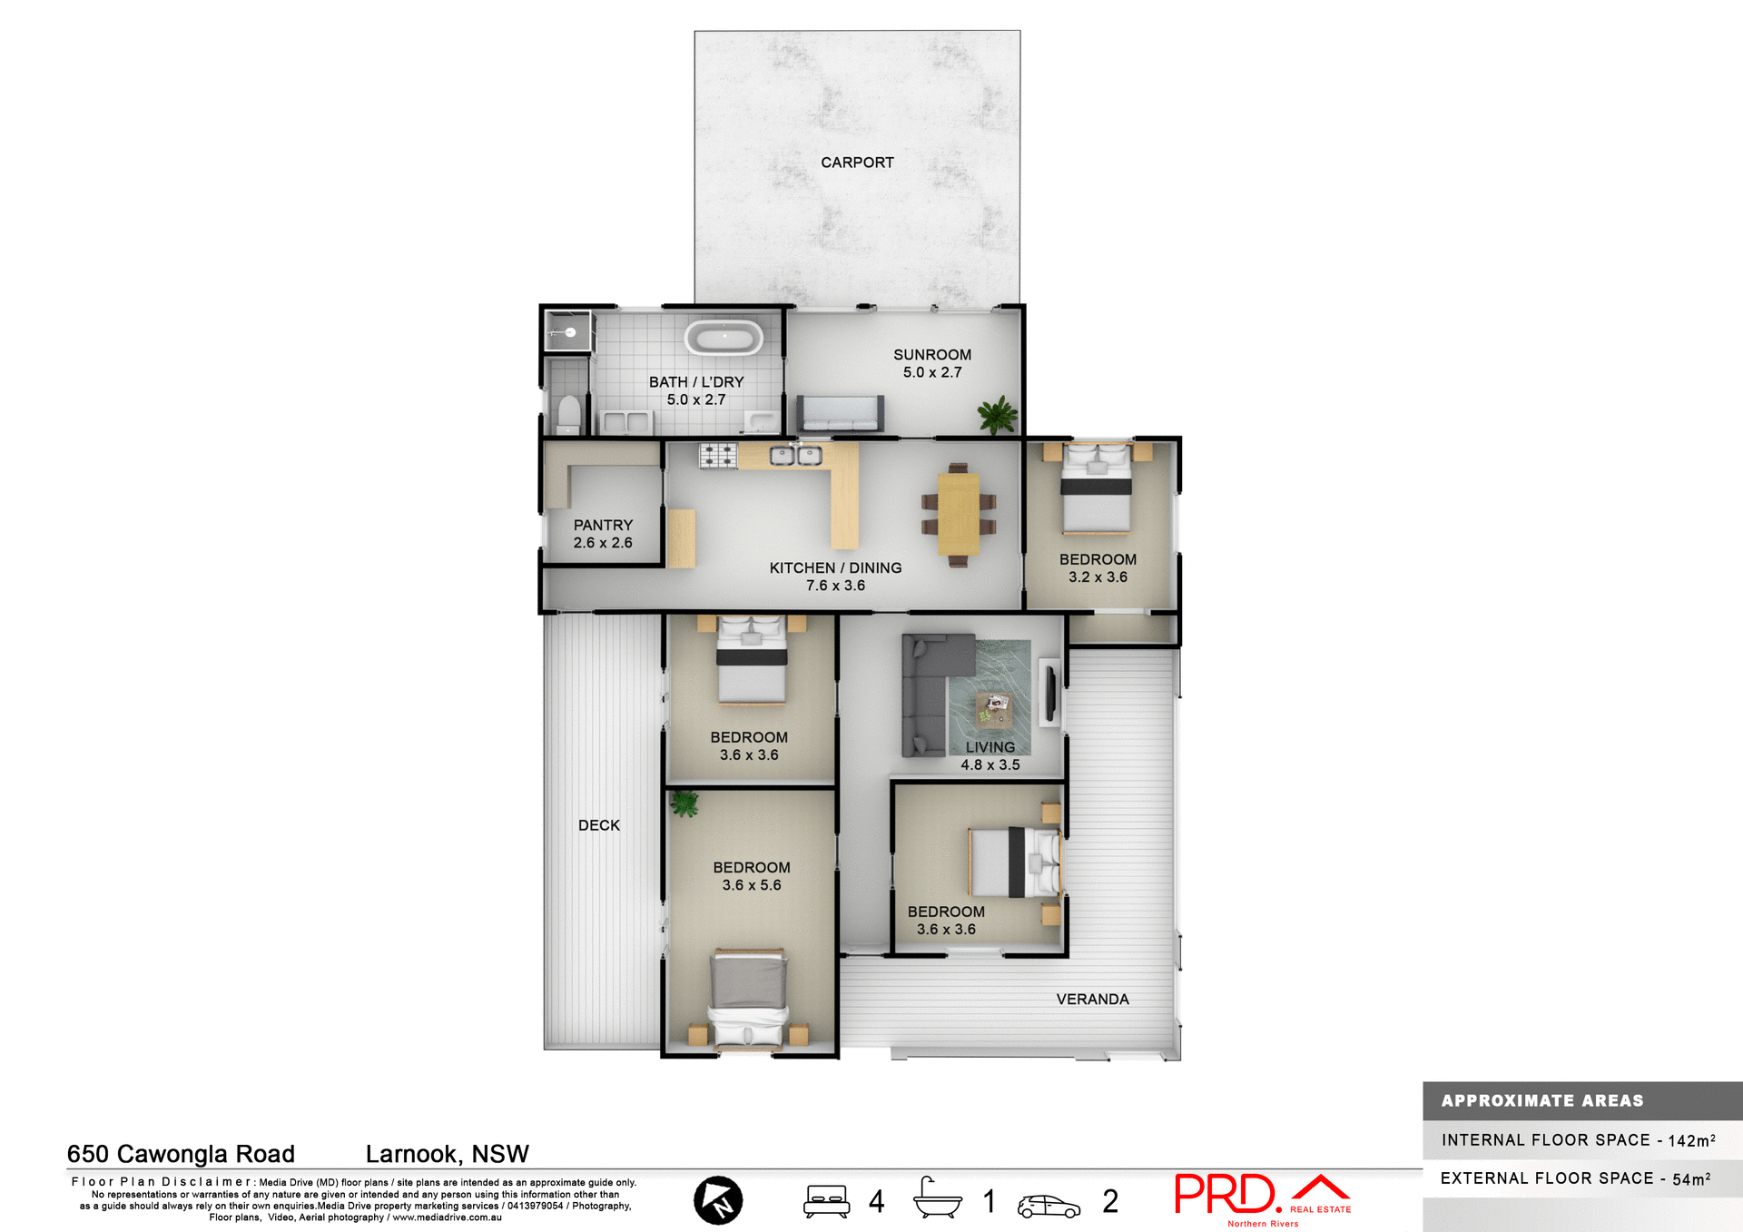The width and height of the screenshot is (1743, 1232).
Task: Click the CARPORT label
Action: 857,163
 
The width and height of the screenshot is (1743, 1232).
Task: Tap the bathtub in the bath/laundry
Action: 724,339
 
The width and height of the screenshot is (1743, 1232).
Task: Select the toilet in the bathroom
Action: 569,414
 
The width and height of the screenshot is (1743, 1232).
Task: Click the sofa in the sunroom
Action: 840,413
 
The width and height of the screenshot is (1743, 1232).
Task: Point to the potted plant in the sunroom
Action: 997,414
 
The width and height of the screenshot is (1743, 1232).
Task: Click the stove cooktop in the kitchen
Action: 718,455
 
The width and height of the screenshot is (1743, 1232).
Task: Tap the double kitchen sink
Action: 796,455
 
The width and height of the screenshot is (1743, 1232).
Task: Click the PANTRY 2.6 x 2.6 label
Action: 603,534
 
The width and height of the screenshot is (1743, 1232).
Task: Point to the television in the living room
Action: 1050,693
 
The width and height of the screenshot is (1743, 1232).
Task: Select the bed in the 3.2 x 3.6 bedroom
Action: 1097,490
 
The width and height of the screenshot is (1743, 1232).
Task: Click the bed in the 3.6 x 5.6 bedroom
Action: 749,999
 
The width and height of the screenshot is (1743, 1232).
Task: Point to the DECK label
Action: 599,825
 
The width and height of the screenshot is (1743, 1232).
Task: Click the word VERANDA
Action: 1092,1000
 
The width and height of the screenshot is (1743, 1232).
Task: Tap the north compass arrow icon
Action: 718,1200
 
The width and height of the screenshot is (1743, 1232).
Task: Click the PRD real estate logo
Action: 1262,1197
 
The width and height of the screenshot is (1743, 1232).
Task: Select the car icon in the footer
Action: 1049,1206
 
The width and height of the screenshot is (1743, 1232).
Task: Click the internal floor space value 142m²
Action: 1691,1140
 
